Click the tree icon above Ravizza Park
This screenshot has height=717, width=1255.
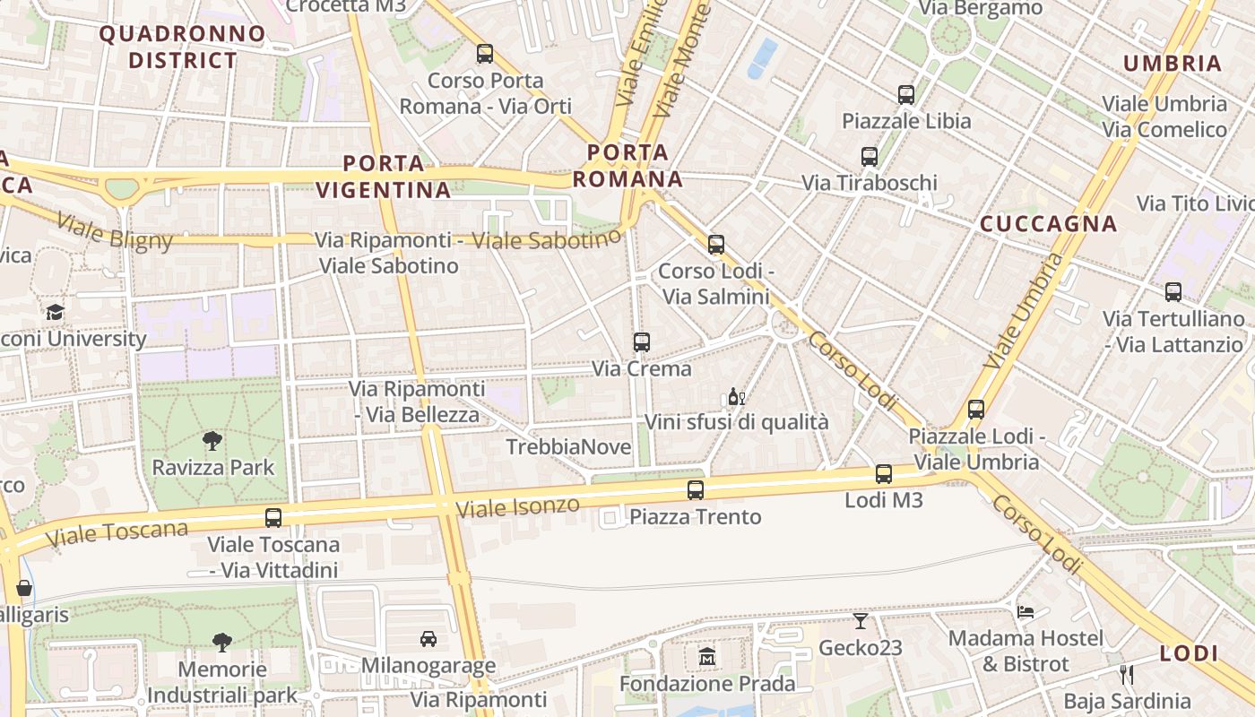[212, 440]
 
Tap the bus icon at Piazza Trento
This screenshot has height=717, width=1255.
[696, 490]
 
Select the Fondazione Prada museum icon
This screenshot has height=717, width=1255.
[707, 657]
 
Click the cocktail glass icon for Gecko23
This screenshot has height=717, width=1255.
[861, 620]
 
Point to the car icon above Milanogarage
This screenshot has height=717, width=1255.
[428, 639]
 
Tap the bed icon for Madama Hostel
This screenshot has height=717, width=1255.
[1026, 611]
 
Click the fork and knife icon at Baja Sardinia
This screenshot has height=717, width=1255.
[1127, 674]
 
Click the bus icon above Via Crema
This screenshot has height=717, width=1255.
[642, 341]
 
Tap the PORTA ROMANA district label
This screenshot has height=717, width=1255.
[627, 166]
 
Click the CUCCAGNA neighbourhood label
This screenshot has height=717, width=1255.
[1048, 224]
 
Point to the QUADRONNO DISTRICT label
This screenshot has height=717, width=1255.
[183, 48]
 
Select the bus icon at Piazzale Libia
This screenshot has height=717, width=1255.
[906, 94]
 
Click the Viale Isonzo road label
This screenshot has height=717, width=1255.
[518, 507]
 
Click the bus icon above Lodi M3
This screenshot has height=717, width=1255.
[884, 474]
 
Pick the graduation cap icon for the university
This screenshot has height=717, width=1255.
[56, 313]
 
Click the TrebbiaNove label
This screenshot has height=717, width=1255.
[568, 447]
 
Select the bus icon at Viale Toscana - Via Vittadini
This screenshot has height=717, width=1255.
[273, 517]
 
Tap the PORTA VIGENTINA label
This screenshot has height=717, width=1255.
[384, 177]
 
